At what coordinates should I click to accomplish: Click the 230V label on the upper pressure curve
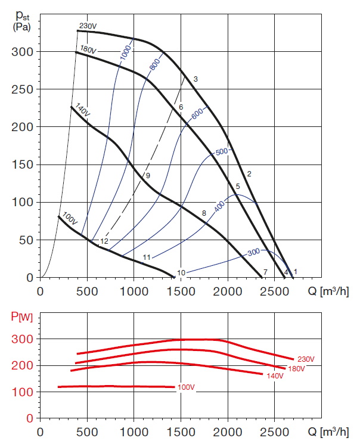click(x=87, y=26)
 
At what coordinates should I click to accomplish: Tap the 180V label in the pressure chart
click(x=88, y=50)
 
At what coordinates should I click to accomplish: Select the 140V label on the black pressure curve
click(x=82, y=111)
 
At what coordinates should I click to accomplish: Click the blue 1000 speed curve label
click(x=125, y=52)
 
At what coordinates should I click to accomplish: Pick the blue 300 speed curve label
click(x=254, y=253)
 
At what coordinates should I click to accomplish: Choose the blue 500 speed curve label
click(x=222, y=152)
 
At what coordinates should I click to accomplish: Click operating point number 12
click(x=104, y=241)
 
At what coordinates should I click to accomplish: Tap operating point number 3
click(x=195, y=79)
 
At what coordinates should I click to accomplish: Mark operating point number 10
click(x=181, y=273)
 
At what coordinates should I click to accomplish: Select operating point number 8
click(x=204, y=213)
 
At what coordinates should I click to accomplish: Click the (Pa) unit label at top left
click(x=21, y=27)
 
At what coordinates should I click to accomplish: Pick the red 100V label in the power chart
click(x=187, y=388)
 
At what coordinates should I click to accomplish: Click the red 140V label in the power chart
click(x=275, y=375)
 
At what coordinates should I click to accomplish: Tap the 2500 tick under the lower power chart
click(x=274, y=430)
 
